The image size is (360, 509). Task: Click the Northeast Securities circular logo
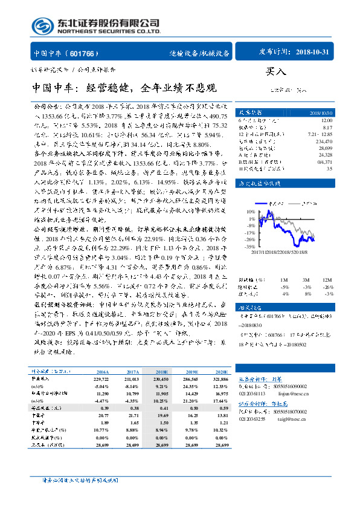(x=40, y=25)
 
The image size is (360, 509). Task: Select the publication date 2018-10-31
(x=313, y=53)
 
